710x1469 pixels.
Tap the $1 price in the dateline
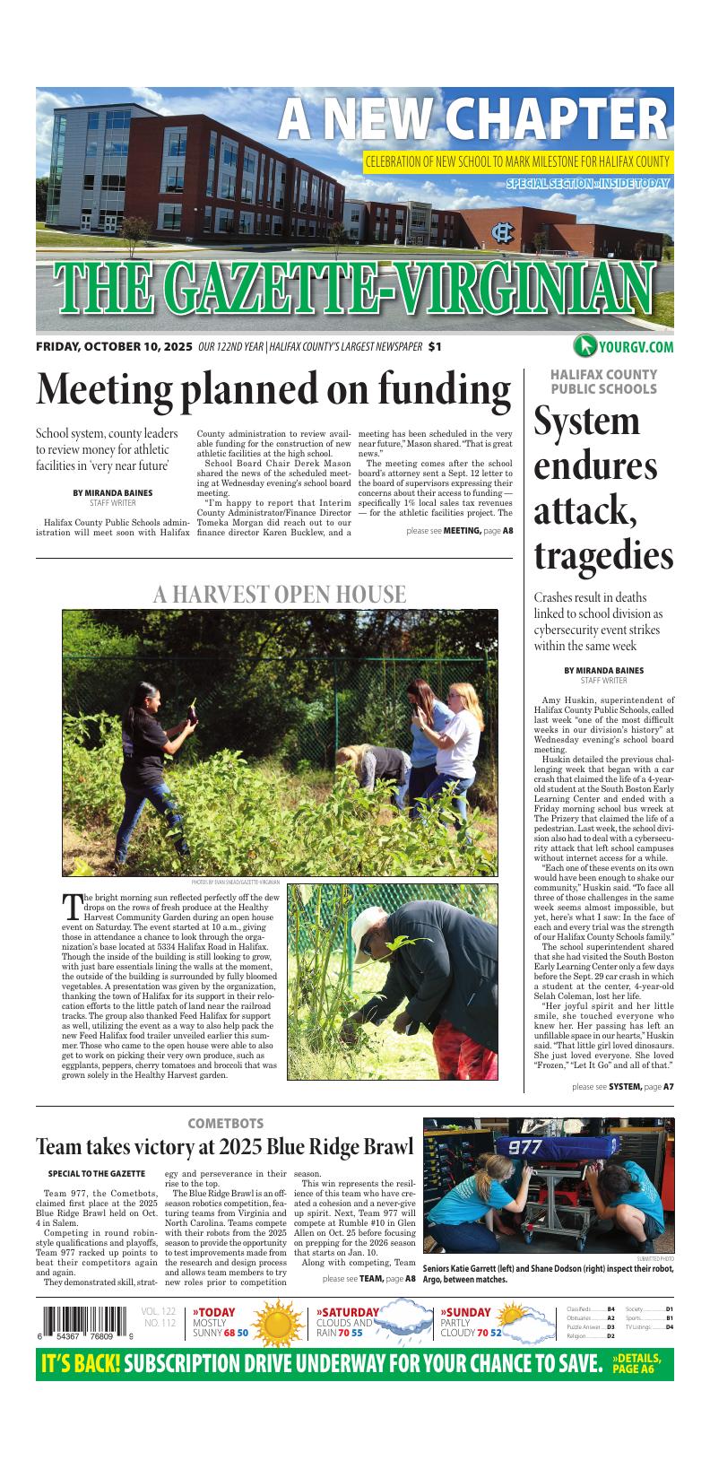point(435,347)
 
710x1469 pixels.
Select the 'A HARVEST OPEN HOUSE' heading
point(279,594)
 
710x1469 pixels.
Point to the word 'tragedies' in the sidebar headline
point(602,556)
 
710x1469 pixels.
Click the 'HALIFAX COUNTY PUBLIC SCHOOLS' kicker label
point(603,381)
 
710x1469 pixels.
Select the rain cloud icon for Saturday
point(402,1324)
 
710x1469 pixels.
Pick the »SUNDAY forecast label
point(465,1312)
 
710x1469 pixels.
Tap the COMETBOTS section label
point(225,1123)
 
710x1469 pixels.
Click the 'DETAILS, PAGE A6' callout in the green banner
point(636,1363)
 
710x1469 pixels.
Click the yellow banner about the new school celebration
point(517,162)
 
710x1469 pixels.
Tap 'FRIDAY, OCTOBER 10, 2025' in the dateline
point(114,347)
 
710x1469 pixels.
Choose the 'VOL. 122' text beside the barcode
point(158,1311)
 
